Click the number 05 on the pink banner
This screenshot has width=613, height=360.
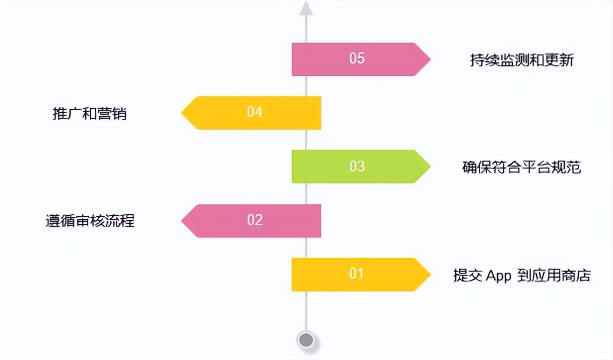pyautogui.click(x=357, y=59)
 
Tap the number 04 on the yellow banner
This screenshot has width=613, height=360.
pyautogui.click(x=254, y=112)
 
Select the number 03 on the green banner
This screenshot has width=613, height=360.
pyautogui.click(x=357, y=166)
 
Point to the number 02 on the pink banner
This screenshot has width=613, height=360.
pyautogui.click(x=255, y=220)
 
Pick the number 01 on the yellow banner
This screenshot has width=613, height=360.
pyautogui.click(x=356, y=274)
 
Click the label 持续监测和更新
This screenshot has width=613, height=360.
pyautogui.click(x=522, y=60)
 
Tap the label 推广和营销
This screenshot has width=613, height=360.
pyautogui.click(x=90, y=114)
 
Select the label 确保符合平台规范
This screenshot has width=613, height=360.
pyautogui.click(x=522, y=167)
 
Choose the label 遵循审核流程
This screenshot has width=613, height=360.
pyautogui.click(x=90, y=221)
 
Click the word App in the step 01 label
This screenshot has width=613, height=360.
pyautogui.click(x=498, y=276)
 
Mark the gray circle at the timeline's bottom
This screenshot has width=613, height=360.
pyautogui.click(x=306, y=340)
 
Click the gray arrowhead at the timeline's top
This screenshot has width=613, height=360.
pyautogui.click(x=306, y=8)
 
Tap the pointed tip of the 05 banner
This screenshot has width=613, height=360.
pyautogui.click(x=430, y=59)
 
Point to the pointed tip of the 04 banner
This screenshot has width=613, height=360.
pyautogui.click(x=182, y=113)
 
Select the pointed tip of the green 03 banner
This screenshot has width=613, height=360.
pyautogui.click(x=430, y=166)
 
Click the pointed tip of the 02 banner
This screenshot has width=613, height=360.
pyautogui.click(x=182, y=221)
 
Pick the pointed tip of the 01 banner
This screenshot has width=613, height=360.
pyautogui.click(x=430, y=275)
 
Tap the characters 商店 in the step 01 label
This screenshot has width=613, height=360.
pyautogui.click(x=576, y=275)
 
